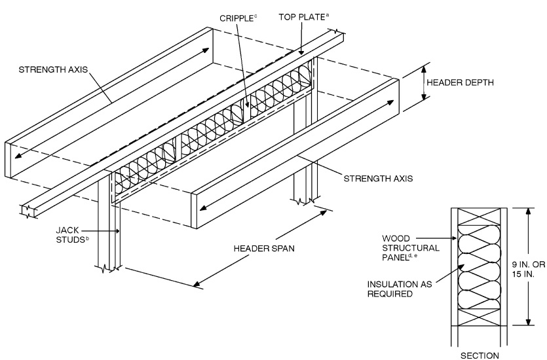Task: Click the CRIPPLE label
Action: click(234, 13)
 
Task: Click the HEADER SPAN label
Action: click(265, 249)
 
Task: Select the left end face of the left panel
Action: click(11, 160)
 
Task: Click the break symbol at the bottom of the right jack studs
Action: click(305, 200)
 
